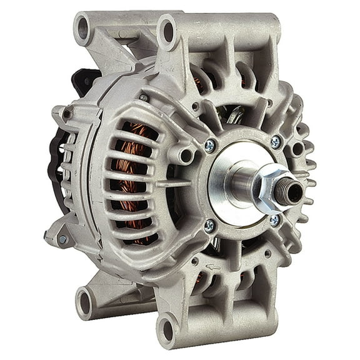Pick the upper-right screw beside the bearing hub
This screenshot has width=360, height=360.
coord(275,142)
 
